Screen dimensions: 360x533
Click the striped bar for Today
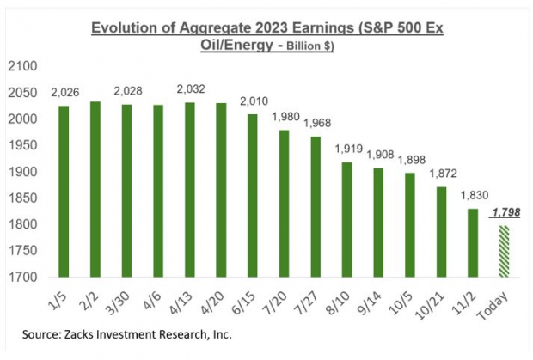tap(504, 251)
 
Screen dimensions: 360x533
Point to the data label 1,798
tap(505, 212)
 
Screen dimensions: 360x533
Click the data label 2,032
tap(191, 88)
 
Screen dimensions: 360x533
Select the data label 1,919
tap(347, 148)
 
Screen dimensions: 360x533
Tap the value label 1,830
tap(473, 195)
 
